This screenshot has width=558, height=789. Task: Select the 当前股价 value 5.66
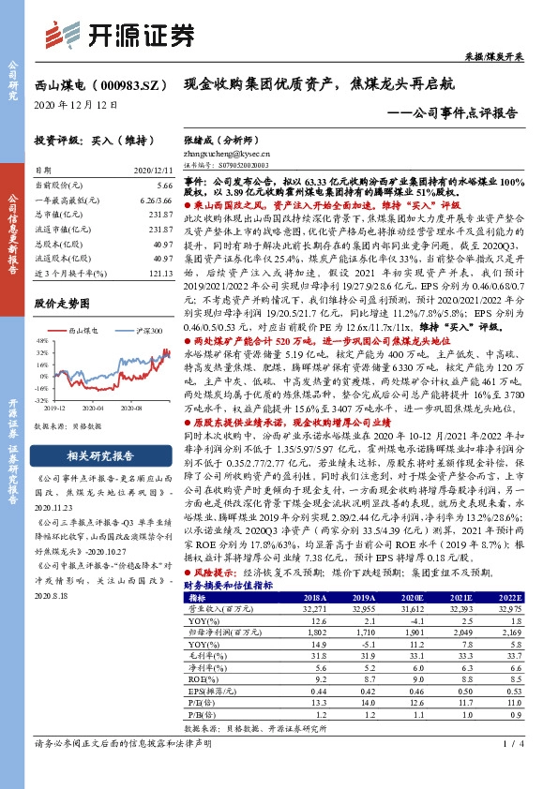tap(165, 187)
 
